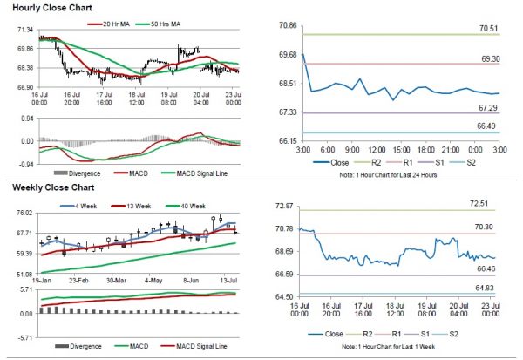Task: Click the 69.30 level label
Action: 488,58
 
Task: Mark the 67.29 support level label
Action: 488,107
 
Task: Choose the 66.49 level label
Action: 488,126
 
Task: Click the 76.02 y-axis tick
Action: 24,213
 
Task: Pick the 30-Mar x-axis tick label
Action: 115,282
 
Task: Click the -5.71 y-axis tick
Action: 24,337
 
